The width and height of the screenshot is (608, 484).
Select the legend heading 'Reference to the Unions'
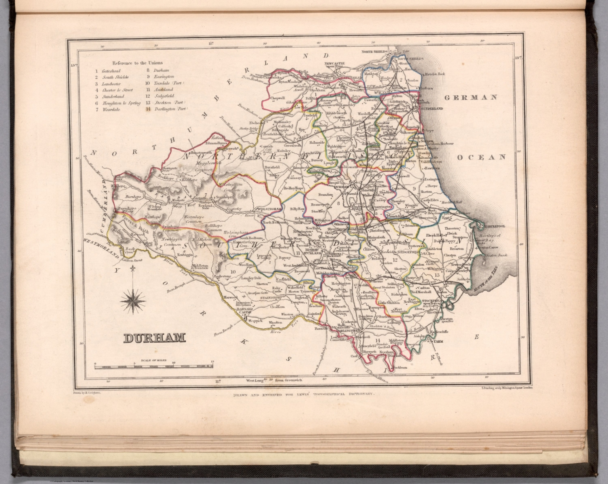pyautogui.click(x=137, y=63)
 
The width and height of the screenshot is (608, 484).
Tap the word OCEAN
pyautogui.click(x=482, y=157)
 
